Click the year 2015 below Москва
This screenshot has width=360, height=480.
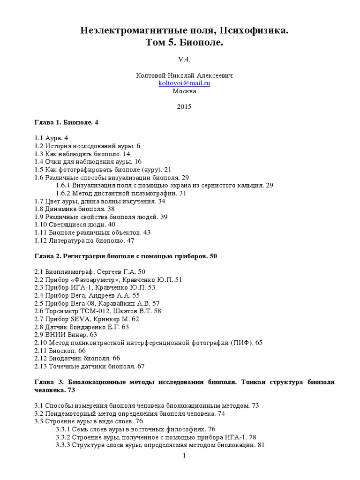184,106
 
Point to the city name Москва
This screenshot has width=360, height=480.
184,91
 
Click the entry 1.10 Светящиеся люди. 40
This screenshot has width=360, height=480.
75,225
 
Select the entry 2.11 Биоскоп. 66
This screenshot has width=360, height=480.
60,350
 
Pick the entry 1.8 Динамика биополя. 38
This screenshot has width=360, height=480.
74,209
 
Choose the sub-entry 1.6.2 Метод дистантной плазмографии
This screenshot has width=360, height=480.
121,193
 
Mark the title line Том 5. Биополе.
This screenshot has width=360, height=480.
184,43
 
